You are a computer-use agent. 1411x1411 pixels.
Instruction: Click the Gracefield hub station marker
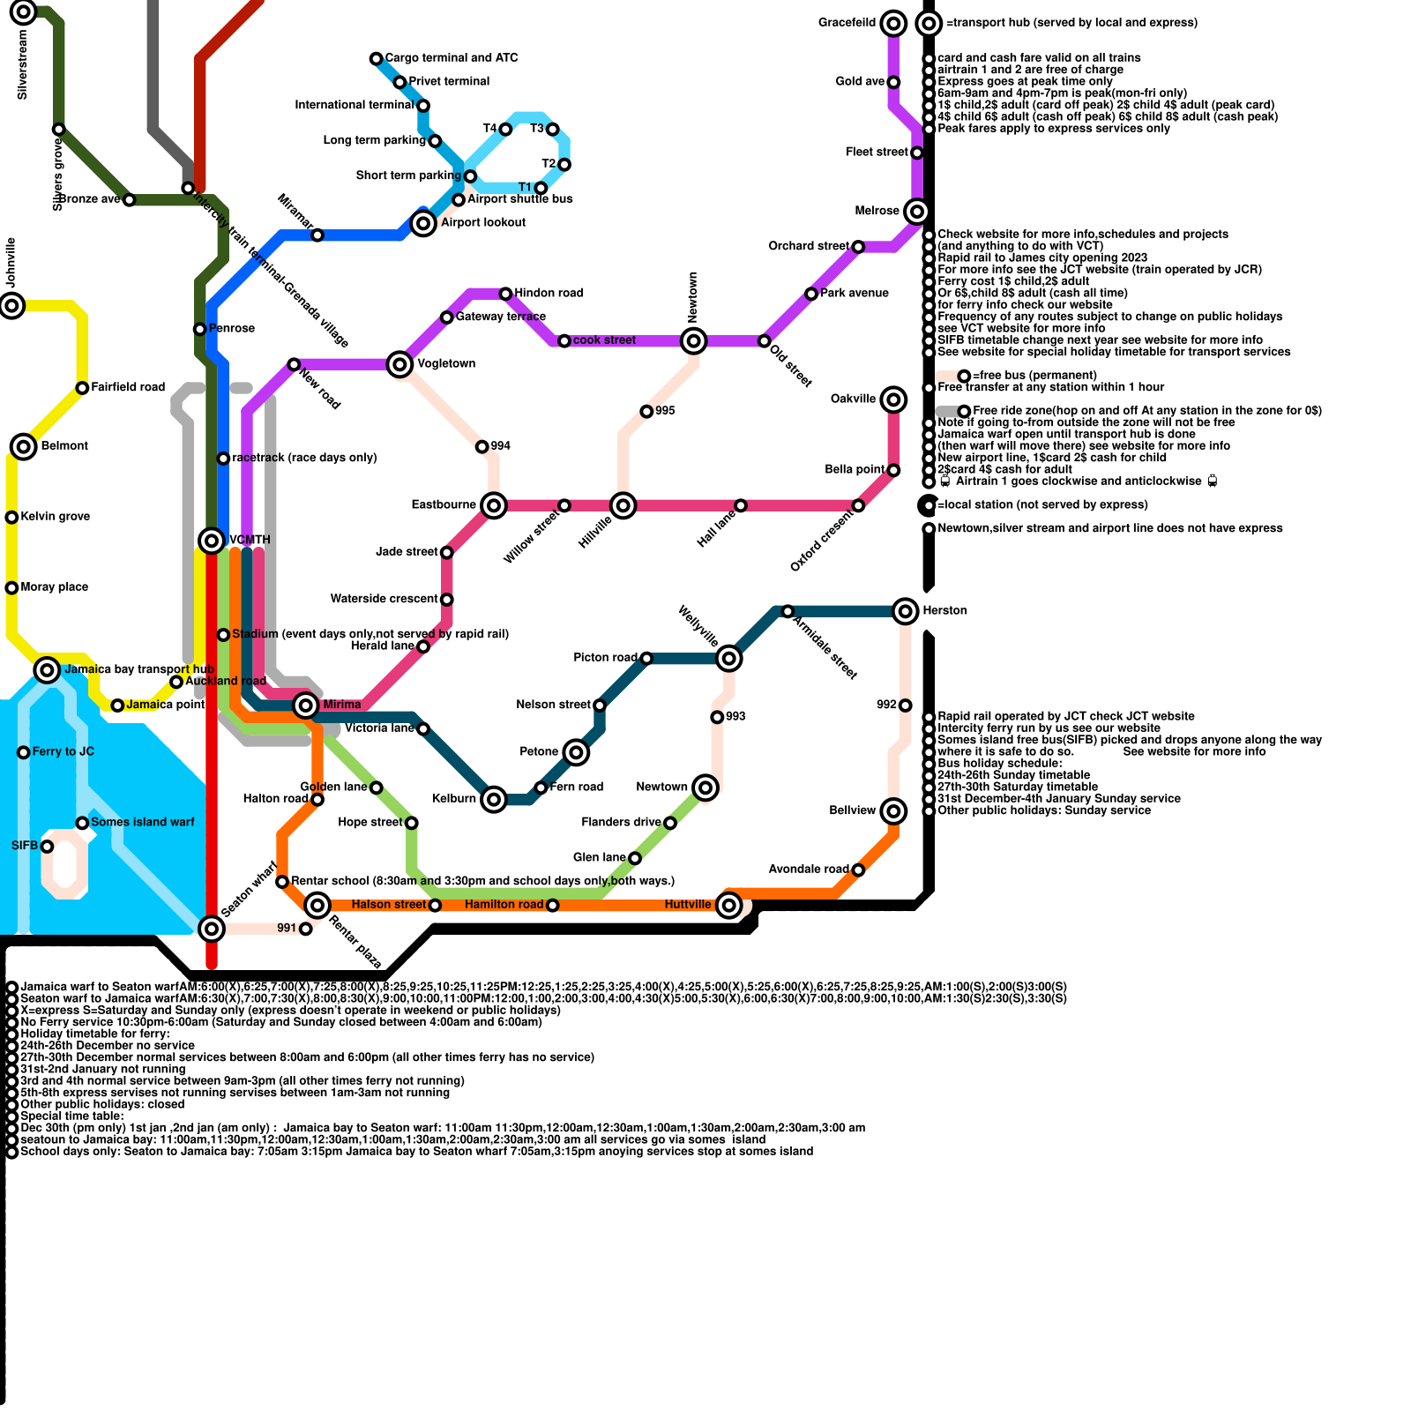[893, 23]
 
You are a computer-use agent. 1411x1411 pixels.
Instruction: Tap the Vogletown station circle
[399, 364]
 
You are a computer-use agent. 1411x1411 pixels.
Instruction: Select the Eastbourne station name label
[444, 504]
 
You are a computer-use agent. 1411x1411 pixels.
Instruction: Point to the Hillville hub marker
[623, 505]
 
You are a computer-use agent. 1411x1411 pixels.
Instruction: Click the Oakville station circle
[893, 399]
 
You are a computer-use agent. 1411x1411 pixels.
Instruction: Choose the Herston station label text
[944, 610]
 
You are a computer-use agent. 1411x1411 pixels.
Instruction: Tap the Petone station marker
[576, 752]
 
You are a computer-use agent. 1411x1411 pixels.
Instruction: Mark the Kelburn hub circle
[494, 799]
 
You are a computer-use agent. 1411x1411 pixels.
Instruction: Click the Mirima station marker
[306, 705]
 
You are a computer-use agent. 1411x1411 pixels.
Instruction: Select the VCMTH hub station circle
[212, 540]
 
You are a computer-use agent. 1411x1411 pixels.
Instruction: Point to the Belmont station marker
[24, 446]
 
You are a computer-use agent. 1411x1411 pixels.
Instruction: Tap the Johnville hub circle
[11, 305]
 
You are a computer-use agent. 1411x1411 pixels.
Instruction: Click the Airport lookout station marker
[423, 223]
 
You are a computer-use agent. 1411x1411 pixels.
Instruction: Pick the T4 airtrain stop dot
[505, 130]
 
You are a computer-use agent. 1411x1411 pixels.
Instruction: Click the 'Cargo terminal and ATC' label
[452, 58]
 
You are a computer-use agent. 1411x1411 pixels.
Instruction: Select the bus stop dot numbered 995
[646, 412]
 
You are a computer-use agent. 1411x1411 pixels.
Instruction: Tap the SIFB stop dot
[48, 847]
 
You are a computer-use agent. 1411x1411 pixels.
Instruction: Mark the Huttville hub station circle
[728, 905]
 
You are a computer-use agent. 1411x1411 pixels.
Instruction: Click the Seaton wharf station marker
[212, 928]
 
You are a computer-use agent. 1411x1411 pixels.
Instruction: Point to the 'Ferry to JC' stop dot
[24, 752]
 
